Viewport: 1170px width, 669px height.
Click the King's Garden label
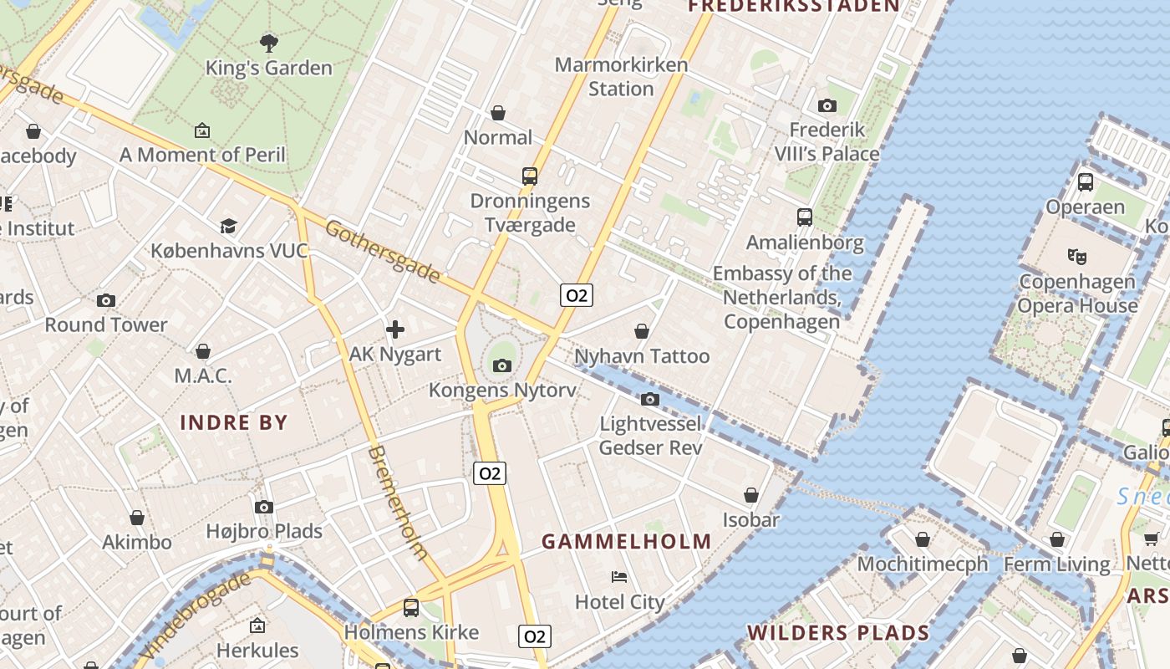click(269, 68)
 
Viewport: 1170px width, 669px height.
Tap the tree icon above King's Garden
click(269, 43)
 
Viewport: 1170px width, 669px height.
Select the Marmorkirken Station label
click(621, 76)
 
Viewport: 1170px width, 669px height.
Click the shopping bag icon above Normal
click(498, 112)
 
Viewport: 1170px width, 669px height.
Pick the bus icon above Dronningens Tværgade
click(530, 176)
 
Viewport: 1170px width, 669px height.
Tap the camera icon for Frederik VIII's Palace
click(827, 105)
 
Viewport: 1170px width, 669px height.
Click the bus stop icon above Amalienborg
click(805, 217)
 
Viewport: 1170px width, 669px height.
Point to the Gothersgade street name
click(382, 252)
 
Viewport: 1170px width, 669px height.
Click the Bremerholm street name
click(398, 502)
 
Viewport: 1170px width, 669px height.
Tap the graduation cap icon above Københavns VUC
click(228, 226)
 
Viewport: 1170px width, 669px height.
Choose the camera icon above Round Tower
click(106, 300)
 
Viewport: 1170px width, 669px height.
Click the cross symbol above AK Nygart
click(395, 329)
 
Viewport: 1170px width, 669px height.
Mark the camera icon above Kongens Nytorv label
click(502, 365)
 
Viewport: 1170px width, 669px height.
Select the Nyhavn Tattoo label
click(642, 356)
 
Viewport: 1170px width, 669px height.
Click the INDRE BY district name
click(234, 422)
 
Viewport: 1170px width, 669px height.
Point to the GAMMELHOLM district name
click(627, 541)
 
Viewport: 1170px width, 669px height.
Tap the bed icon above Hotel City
click(619, 577)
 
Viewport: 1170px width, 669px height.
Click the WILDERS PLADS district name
click(838, 633)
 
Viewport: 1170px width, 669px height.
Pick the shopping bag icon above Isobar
click(751, 495)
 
